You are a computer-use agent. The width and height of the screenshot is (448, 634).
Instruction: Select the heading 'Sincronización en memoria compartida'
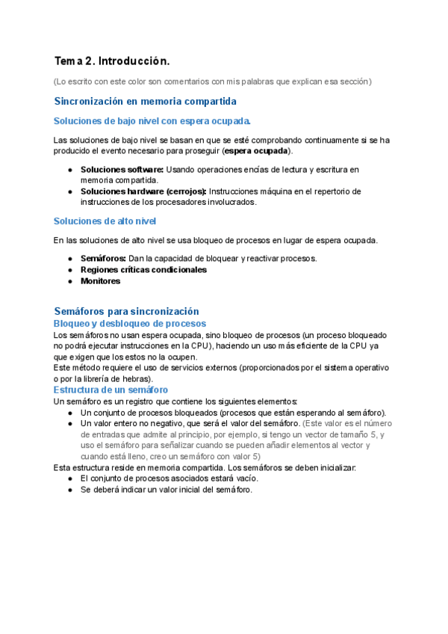pyautogui.click(x=146, y=101)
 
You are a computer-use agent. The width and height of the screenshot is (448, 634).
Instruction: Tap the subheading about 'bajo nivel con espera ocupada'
pyautogui.click(x=152, y=121)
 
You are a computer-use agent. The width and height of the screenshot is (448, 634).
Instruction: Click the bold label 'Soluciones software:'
pyautogui.click(x=122, y=170)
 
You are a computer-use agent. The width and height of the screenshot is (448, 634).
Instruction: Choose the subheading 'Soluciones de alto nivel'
pyautogui.click(x=105, y=221)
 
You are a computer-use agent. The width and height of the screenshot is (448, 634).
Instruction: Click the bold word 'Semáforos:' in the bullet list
pyautogui.click(x=103, y=259)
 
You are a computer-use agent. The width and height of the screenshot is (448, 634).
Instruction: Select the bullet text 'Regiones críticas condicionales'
pyautogui.click(x=143, y=270)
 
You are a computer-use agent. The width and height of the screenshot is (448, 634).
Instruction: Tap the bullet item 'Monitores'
pyautogui.click(x=100, y=281)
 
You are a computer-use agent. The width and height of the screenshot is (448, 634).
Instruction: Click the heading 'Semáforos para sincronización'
pyautogui.click(x=127, y=311)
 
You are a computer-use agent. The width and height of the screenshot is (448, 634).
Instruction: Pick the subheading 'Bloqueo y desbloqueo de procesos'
pyautogui.click(x=130, y=324)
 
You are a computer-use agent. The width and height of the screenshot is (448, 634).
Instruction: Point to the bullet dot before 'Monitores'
pyautogui.click(x=69, y=281)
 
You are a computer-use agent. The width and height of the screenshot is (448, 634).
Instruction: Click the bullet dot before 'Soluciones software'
pyautogui.click(x=69, y=170)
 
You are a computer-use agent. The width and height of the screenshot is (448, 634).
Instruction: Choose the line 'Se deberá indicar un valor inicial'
pyautogui.click(x=166, y=490)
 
